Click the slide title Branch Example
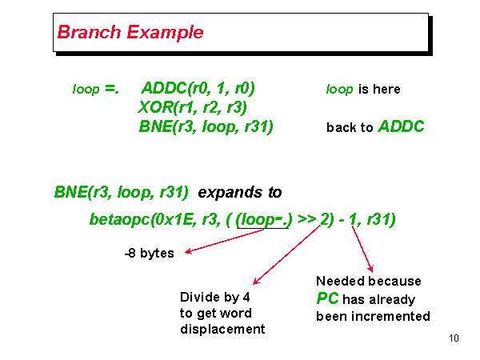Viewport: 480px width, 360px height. tap(130, 33)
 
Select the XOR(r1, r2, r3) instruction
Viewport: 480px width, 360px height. tap(193, 107)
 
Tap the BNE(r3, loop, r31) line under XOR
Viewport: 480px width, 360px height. tap(206, 126)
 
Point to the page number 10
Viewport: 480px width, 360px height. tap(454, 338)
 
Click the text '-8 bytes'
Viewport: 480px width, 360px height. tap(149, 254)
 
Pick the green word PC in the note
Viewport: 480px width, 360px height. tap(330, 299)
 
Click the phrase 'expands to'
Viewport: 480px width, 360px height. tap(239, 193)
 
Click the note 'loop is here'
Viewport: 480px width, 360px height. tap(362, 89)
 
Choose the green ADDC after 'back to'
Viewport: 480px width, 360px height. tap(401, 126)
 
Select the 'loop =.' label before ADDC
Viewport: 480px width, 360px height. tap(95, 89)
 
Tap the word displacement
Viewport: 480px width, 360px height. tap(222, 329)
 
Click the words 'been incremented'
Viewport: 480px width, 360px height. tap(373, 316)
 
